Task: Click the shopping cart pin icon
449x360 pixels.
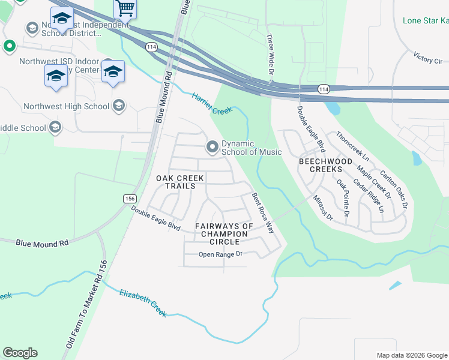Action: [x=125, y=8]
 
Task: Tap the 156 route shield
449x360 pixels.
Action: [x=129, y=199]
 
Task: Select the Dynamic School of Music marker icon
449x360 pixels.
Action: [x=212, y=146]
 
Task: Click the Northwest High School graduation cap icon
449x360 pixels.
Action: [x=119, y=106]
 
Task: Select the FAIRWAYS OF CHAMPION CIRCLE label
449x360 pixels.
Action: [x=224, y=233]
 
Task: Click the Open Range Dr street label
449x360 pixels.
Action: [x=220, y=254]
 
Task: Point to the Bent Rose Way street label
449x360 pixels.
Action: [x=262, y=213]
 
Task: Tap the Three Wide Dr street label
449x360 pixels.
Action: [x=270, y=55]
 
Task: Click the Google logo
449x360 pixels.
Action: [x=20, y=353]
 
